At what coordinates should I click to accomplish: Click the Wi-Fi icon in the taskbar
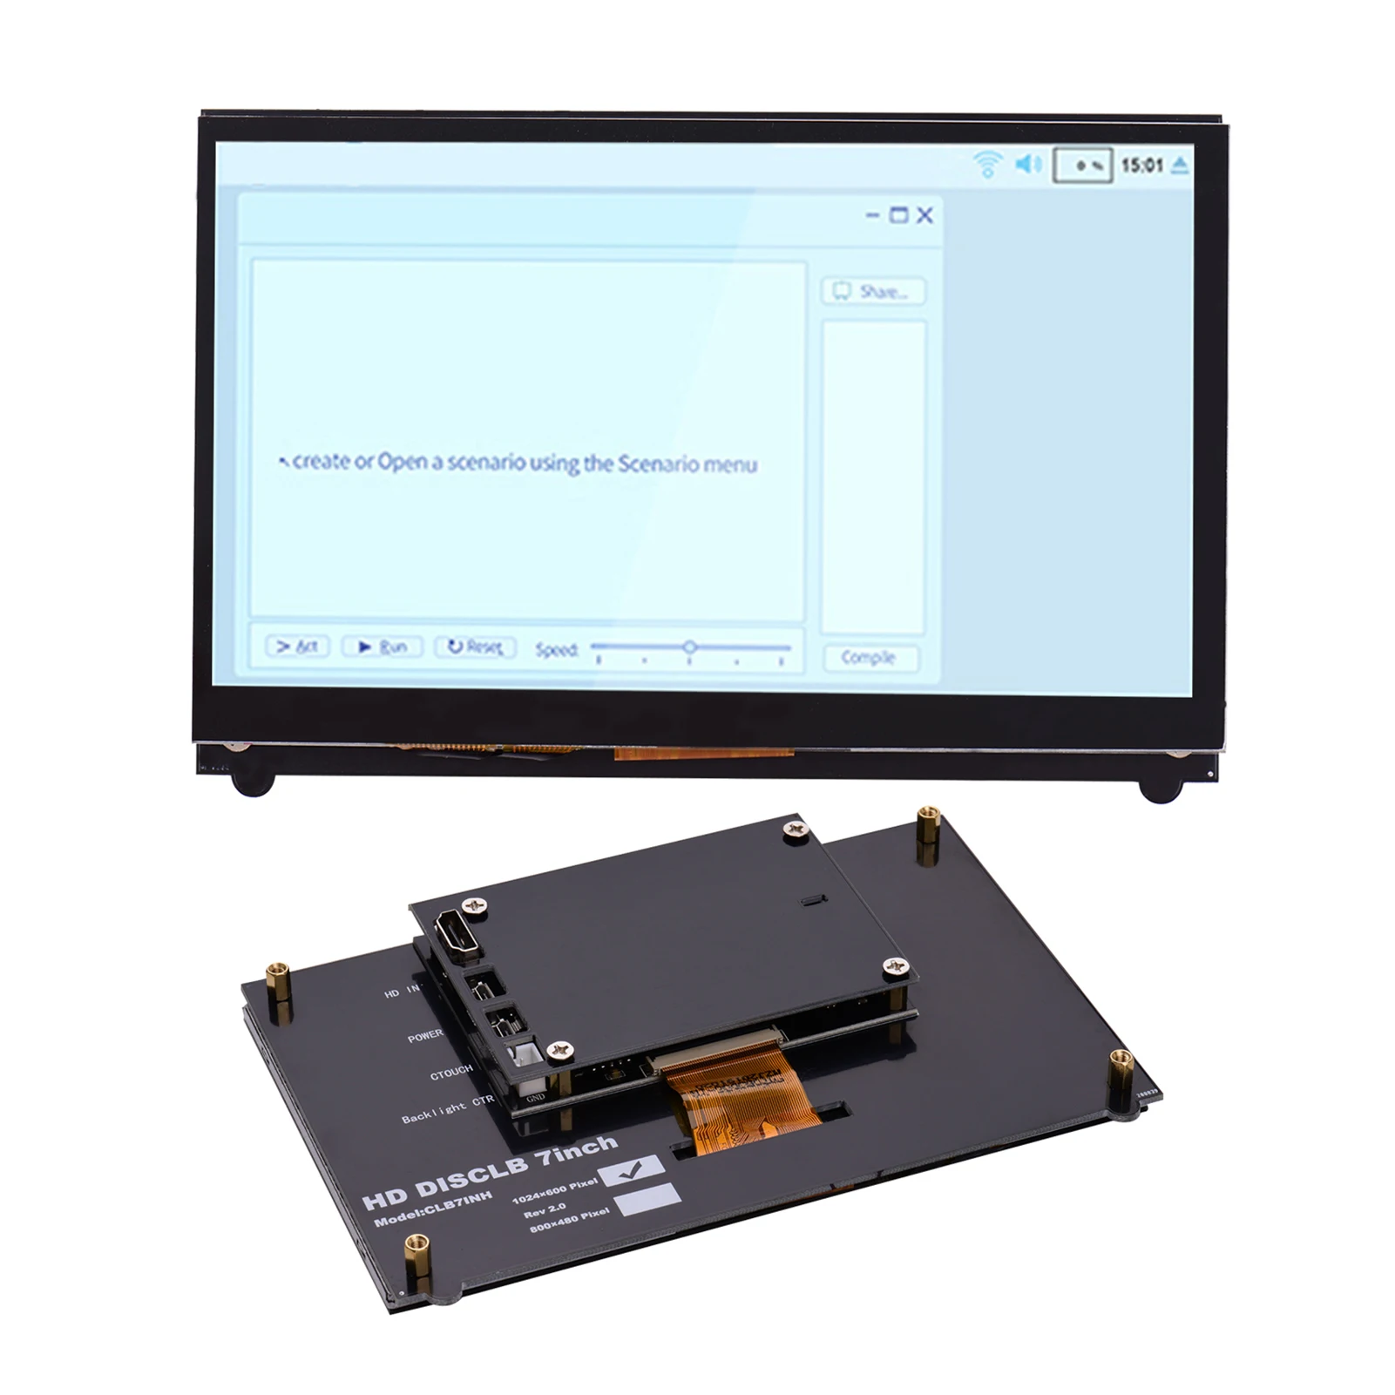pos(987,164)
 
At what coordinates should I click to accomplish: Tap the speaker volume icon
pos(1029,163)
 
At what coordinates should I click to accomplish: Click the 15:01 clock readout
pos(1141,165)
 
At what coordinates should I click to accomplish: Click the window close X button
pos(925,215)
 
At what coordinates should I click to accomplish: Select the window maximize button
pos(898,215)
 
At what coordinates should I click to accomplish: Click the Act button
pos(297,647)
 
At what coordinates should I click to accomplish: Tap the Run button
pos(383,647)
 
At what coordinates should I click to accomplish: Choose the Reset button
pos(475,647)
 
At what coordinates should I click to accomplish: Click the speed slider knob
pos(689,647)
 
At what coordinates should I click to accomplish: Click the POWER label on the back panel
pos(425,1037)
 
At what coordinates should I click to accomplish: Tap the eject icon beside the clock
pos(1181,164)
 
